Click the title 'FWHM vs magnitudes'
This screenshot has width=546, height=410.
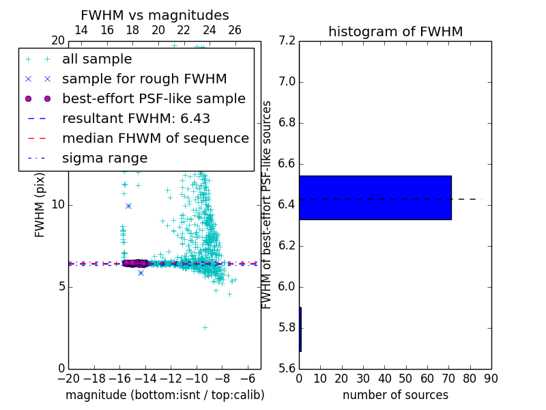[x=155, y=15]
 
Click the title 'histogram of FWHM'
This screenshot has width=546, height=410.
[x=395, y=31]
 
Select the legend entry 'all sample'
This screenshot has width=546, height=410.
[x=97, y=59]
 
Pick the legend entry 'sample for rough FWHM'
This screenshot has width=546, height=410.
[x=144, y=79]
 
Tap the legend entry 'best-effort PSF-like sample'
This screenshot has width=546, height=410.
[x=154, y=99]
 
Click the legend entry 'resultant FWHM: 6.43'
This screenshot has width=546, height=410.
[x=136, y=119]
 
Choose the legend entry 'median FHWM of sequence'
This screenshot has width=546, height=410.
[x=155, y=139]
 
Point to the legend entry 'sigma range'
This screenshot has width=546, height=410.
[x=104, y=159]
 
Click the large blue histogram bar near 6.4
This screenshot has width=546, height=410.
[x=375, y=197]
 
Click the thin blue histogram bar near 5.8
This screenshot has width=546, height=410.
[x=300, y=329]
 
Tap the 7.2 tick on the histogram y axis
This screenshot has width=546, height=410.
[x=287, y=41]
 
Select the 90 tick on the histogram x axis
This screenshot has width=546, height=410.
[x=491, y=379]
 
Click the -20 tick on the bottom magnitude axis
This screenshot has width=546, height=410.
[x=68, y=379]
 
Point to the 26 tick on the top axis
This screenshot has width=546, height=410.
[x=235, y=30]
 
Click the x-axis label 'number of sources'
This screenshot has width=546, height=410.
[x=395, y=395]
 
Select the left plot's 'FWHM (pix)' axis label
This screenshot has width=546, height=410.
[x=40, y=204]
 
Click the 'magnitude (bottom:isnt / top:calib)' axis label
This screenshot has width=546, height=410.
[x=164, y=395]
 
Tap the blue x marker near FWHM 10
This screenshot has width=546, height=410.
[x=128, y=206]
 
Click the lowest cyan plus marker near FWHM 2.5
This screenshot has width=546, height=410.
[x=204, y=327]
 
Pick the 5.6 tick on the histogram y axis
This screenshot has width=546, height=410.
[x=287, y=368]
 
